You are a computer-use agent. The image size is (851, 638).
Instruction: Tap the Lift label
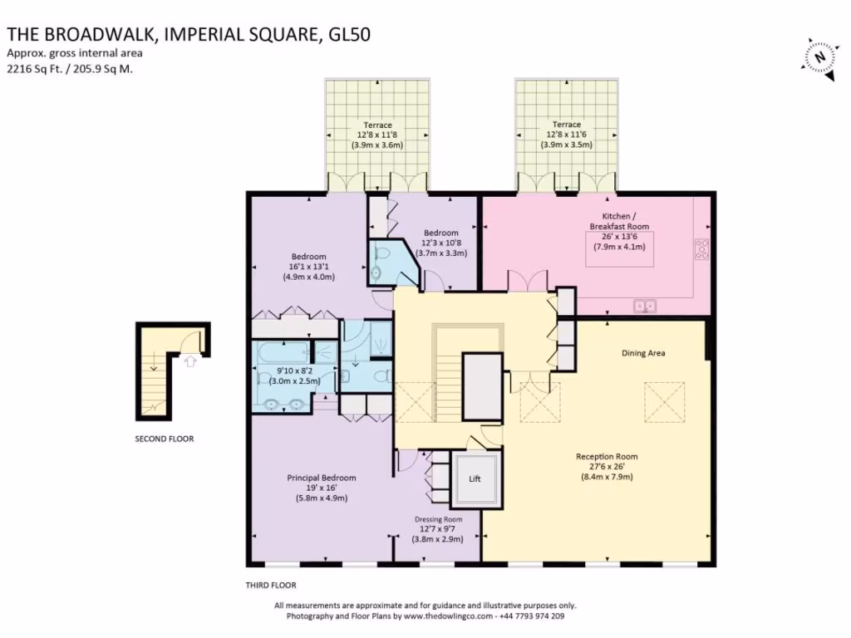[x=475, y=478]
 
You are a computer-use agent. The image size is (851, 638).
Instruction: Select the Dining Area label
[x=643, y=353]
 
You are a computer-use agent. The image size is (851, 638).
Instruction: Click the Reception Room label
[x=607, y=457]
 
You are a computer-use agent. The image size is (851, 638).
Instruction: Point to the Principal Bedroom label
[x=322, y=478]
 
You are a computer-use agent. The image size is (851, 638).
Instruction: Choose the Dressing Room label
[x=439, y=519]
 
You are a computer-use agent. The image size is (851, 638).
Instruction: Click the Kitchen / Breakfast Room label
[x=619, y=221]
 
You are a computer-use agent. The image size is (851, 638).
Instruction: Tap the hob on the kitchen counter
[x=701, y=249]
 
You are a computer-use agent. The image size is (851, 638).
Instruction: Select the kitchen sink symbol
[x=645, y=307]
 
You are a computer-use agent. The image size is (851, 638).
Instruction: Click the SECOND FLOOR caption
[x=165, y=439]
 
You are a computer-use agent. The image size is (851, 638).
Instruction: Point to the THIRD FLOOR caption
[x=271, y=586]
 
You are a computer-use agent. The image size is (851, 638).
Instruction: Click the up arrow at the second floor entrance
[x=190, y=361]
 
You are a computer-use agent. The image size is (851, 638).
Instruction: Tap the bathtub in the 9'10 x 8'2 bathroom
[x=283, y=352]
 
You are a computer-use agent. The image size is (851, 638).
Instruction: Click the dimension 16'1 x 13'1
[x=309, y=267]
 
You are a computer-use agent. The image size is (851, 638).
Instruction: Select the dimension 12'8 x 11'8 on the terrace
[x=377, y=135]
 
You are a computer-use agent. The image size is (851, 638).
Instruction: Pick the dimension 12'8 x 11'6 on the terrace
[x=566, y=135]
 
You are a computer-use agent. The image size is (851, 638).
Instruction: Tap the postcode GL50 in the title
[x=350, y=34]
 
